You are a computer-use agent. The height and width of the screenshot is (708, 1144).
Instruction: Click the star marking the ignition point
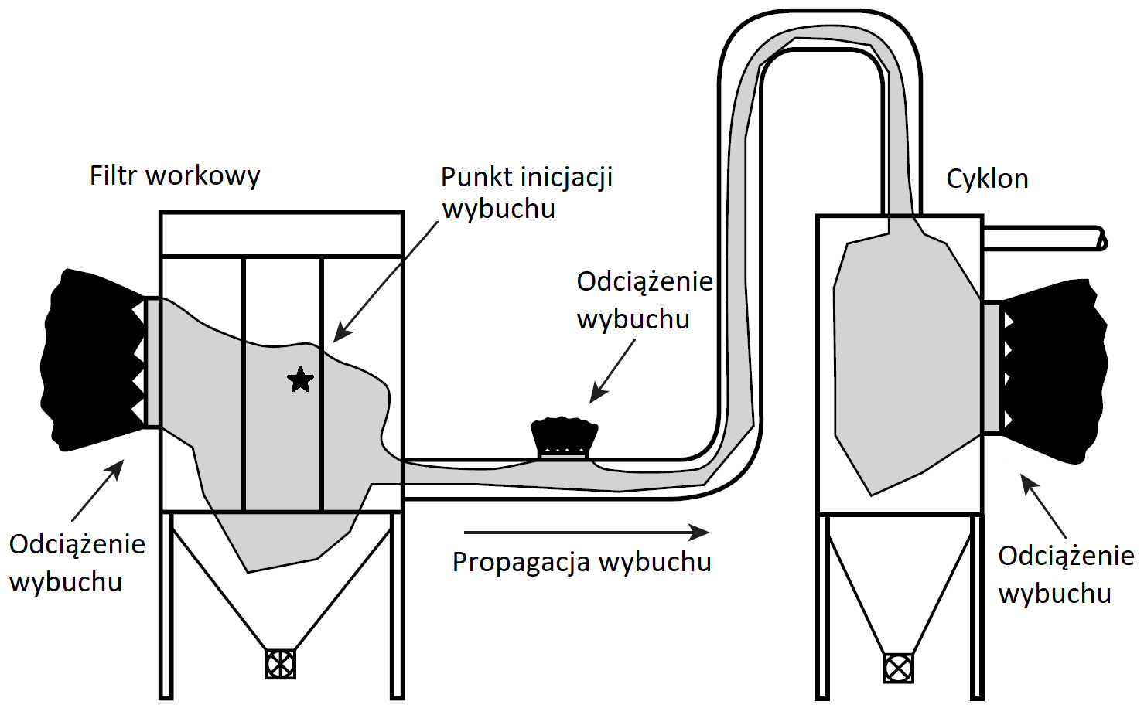[300, 380]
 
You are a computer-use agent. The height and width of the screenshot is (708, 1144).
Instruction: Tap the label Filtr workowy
[175, 177]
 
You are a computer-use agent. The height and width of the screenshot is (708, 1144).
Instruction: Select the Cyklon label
[987, 179]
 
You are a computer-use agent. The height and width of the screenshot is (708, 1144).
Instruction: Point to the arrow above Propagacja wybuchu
[587, 533]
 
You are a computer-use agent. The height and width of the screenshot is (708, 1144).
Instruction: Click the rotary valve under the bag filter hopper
[280, 664]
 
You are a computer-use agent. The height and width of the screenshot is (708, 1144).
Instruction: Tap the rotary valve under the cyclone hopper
[898, 668]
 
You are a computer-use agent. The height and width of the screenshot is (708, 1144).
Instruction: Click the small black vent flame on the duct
[565, 437]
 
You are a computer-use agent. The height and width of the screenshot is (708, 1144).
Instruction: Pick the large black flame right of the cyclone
[1054, 371]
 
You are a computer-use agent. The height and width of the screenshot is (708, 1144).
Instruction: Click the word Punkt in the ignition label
[476, 178]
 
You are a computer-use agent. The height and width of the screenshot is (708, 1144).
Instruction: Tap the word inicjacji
[566, 178]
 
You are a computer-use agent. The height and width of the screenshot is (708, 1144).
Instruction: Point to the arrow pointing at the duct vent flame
[613, 372]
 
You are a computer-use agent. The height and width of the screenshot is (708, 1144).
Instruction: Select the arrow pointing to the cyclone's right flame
[1043, 506]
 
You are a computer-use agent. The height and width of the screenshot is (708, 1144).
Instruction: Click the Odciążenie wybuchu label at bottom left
[77, 563]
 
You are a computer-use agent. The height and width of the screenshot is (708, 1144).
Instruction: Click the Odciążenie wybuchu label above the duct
[644, 300]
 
